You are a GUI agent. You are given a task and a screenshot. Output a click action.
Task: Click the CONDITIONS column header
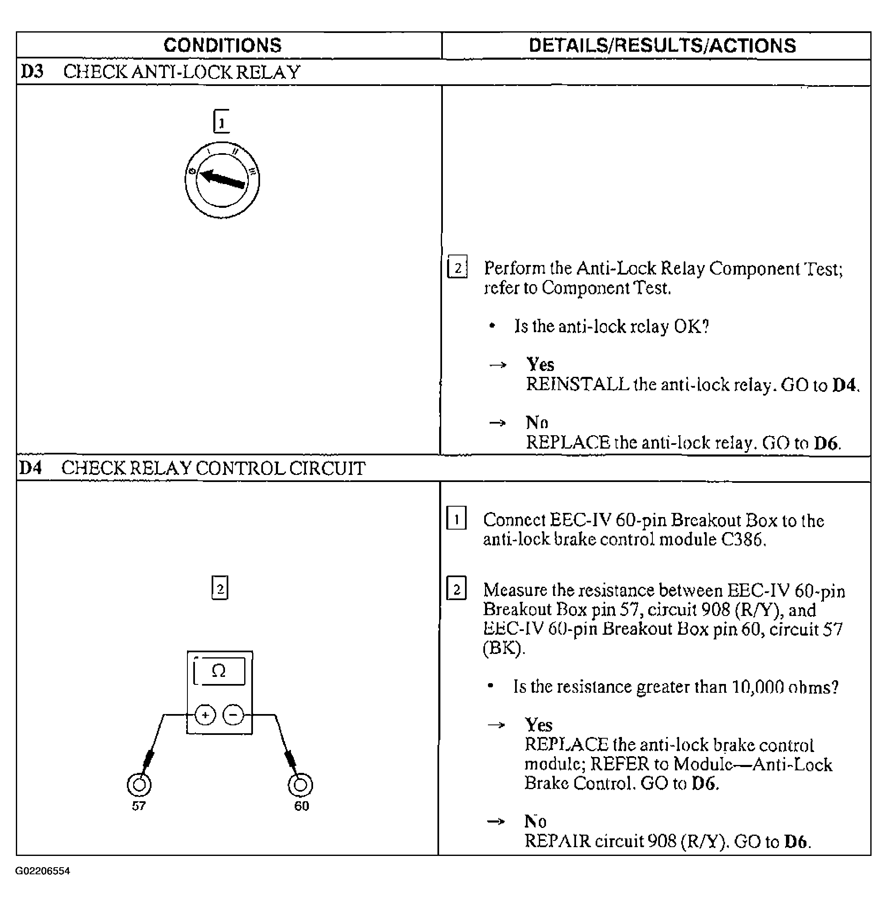click(x=222, y=45)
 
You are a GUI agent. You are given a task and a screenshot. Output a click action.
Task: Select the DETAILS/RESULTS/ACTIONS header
click(x=662, y=45)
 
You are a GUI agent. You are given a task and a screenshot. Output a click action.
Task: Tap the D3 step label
click(x=32, y=72)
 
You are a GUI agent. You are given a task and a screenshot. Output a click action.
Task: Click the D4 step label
click(x=31, y=468)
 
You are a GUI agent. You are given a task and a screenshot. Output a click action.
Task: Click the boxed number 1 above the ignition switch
click(x=222, y=122)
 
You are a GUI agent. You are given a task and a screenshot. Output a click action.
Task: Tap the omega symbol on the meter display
click(x=218, y=671)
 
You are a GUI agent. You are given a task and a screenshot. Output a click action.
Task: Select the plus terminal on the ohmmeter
click(x=205, y=715)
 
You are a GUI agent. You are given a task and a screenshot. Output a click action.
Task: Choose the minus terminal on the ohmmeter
click(x=233, y=715)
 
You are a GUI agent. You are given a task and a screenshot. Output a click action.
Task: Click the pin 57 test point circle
click(x=139, y=785)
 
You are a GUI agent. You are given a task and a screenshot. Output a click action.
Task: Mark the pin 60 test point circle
click(x=301, y=785)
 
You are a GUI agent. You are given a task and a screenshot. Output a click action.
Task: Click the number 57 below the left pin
click(x=139, y=806)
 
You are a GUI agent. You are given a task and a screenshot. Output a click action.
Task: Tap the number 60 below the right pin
click(x=301, y=806)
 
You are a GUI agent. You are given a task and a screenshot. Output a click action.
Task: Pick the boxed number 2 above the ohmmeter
click(x=220, y=588)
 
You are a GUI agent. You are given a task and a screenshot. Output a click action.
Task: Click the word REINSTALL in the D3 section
click(x=577, y=385)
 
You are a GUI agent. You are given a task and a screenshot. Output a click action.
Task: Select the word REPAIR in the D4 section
click(x=557, y=841)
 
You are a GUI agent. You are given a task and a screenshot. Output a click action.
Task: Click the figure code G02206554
click(x=43, y=871)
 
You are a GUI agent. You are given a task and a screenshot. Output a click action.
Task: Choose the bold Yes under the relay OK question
click(x=540, y=364)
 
